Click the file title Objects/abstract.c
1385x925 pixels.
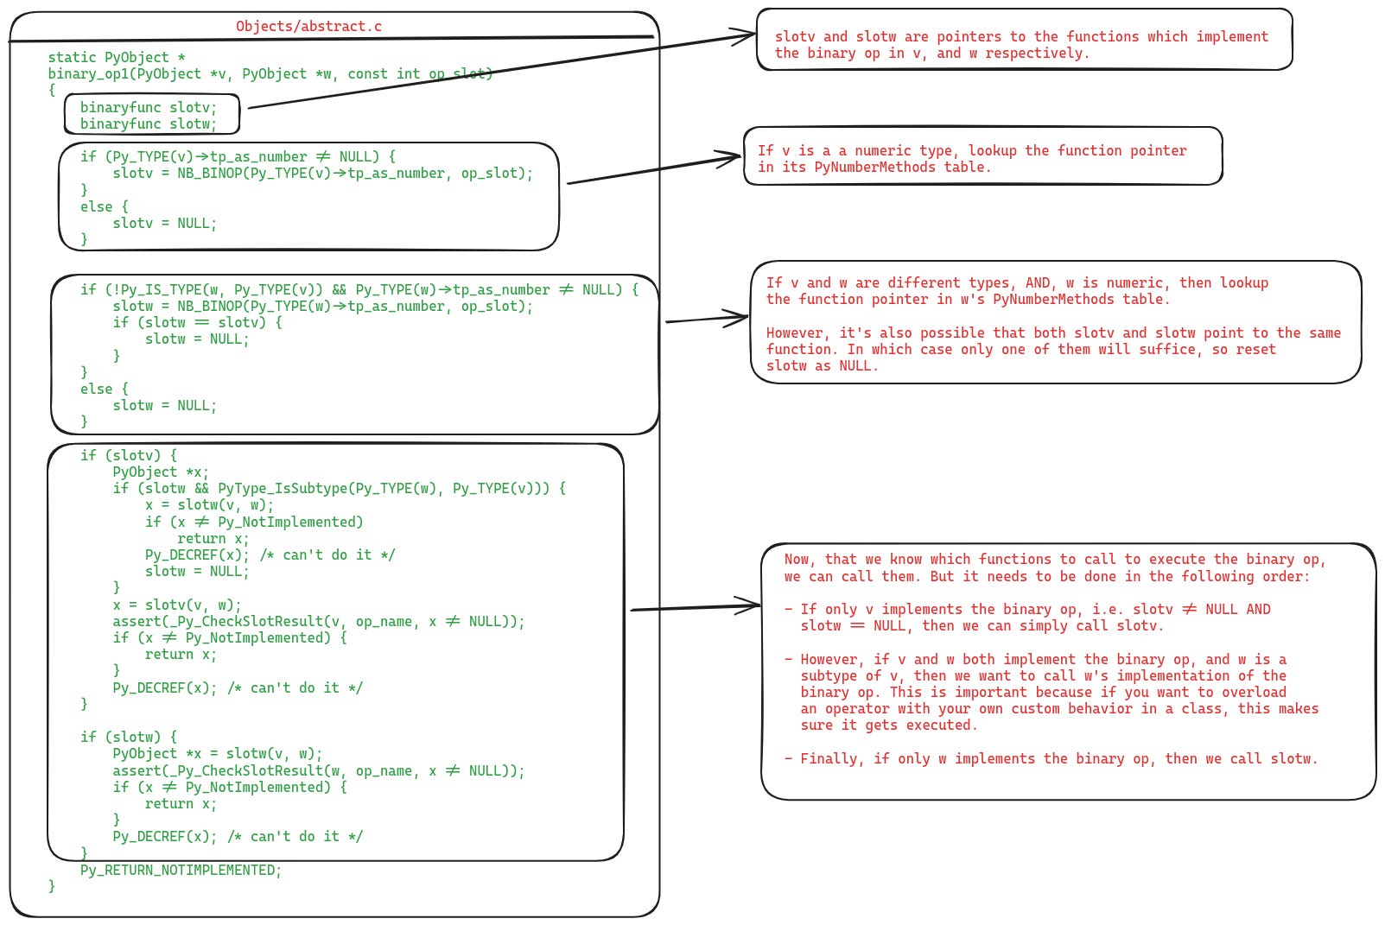point(308,26)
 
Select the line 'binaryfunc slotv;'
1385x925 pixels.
point(148,107)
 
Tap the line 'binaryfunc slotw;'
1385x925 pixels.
point(148,124)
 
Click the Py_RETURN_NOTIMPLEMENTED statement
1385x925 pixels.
point(181,870)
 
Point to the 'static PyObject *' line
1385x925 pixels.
point(117,57)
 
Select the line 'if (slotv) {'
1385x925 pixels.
point(129,455)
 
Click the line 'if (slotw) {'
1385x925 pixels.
point(129,737)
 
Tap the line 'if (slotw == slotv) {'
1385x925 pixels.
point(197,322)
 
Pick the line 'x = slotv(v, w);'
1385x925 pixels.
point(177,605)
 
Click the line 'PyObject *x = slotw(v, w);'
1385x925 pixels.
point(217,753)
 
